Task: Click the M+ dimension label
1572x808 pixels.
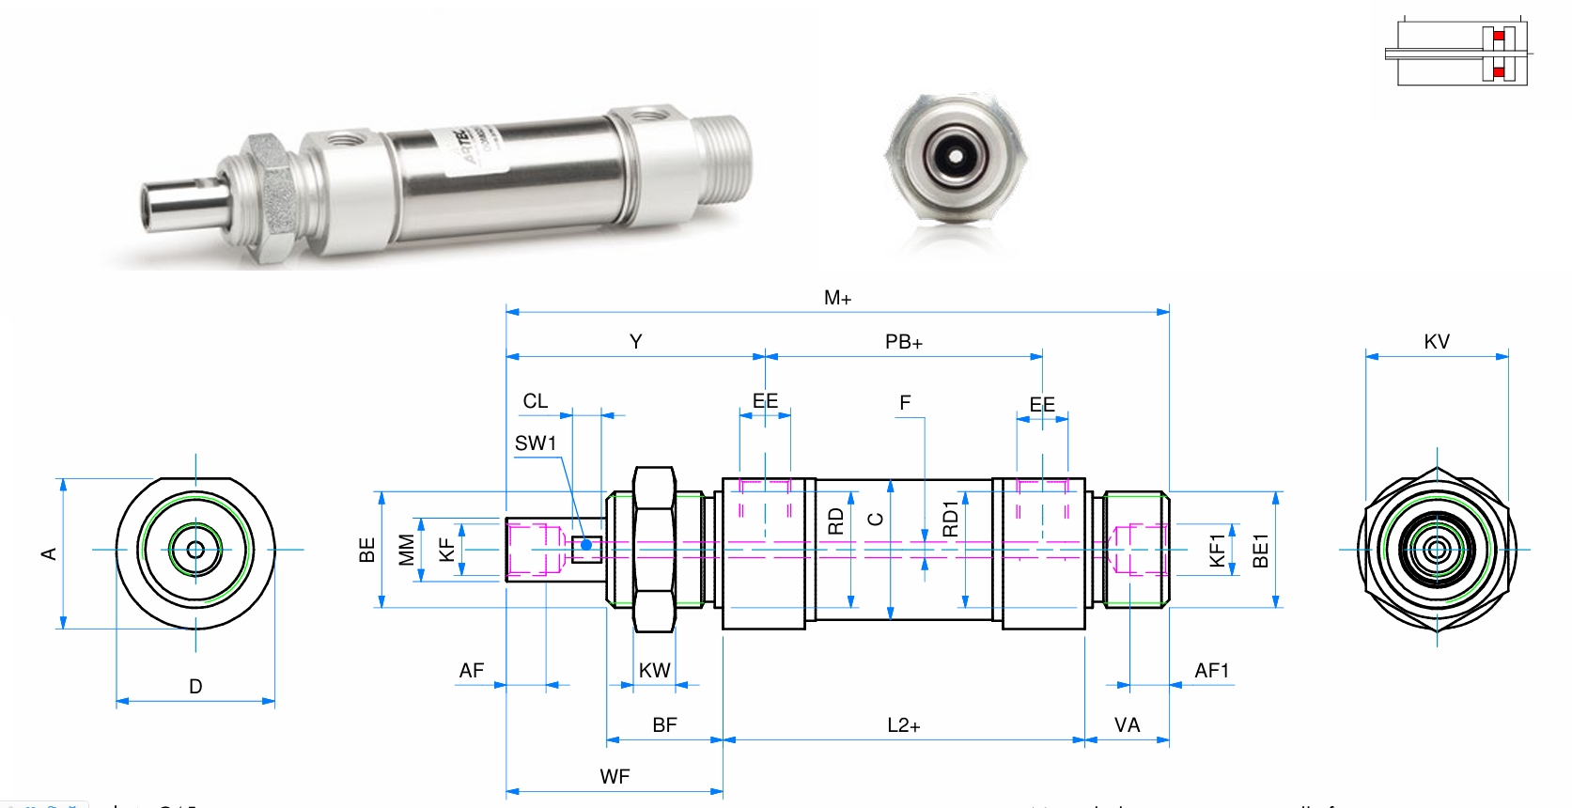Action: point(837,299)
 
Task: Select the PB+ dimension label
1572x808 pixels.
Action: point(904,343)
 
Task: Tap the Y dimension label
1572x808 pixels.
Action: point(636,342)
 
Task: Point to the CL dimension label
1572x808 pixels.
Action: point(536,401)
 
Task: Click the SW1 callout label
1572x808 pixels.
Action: point(536,443)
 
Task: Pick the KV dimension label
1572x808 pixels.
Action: point(1437,342)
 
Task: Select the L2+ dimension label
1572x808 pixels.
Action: point(904,725)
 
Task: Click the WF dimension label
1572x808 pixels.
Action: point(615,777)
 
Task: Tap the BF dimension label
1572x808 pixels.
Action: point(664,725)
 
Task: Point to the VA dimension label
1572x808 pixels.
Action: point(1127,725)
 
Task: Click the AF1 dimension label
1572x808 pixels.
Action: point(1211,671)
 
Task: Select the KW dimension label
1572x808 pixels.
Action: point(655,671)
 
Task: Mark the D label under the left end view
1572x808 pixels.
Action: point(195,687)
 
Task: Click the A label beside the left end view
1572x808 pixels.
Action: point(49,554)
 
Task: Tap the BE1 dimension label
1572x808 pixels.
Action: point(1261,551)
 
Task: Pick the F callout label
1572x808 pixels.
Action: point(905,403)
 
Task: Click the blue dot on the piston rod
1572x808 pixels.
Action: point(586,544)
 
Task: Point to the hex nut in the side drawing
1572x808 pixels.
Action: point(655,550)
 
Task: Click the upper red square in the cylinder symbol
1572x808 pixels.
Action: point(1499,37)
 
